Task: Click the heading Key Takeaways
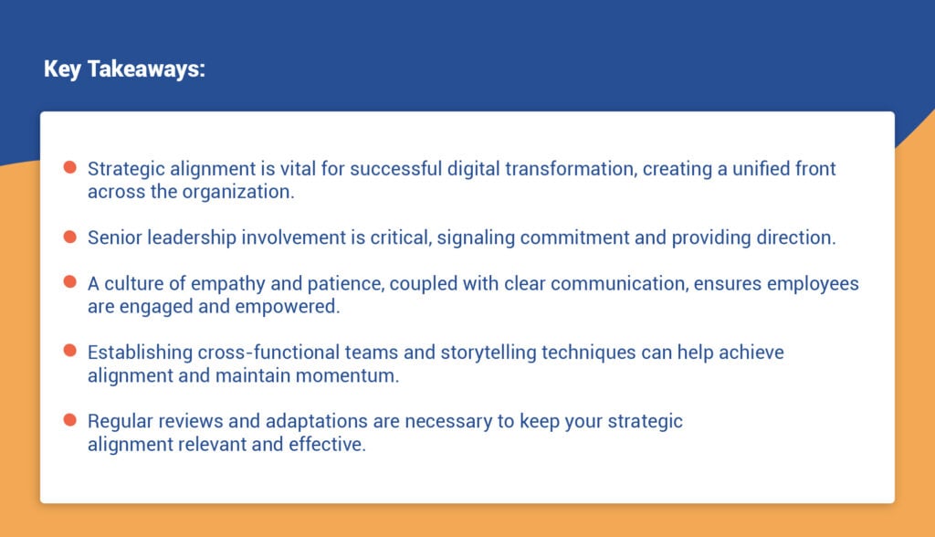point(124,70)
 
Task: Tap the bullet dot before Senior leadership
point(69,237)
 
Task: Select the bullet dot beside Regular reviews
point(69,420)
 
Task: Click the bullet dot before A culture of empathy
point(69,282)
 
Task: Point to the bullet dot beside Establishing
point(69,351)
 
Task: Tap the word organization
point(241,192)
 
